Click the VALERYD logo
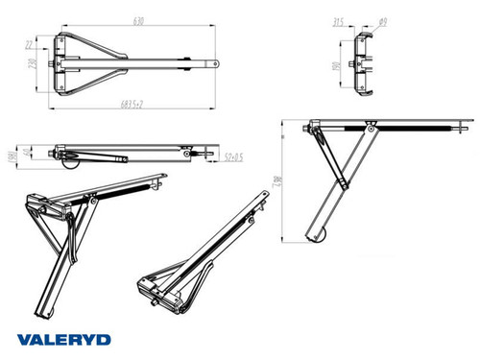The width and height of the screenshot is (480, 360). click(62, 339)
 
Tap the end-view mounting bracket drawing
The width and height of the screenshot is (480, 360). click(364, 63)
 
